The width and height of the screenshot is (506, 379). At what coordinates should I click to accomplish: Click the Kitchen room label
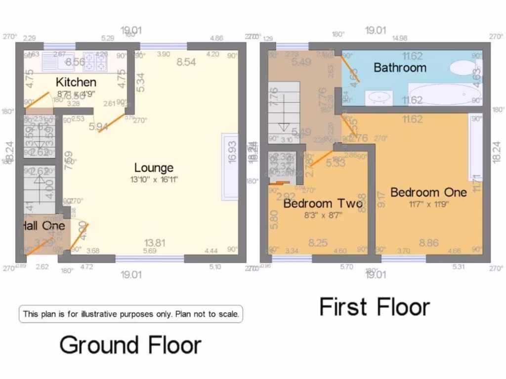76,82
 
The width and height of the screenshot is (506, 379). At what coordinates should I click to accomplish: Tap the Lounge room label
154,168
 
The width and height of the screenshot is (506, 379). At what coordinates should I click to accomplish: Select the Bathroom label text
400,67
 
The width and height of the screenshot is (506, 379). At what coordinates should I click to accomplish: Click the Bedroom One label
428,192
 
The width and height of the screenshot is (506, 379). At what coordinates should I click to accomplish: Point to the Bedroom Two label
323,203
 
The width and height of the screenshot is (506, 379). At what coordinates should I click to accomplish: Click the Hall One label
43,226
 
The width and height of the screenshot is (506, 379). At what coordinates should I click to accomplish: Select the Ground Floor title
130,345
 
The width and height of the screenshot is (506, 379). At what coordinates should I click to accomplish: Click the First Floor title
375,306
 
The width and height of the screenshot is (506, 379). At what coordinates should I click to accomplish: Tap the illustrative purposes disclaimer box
131,313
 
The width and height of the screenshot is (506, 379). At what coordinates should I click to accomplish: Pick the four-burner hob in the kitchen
95,61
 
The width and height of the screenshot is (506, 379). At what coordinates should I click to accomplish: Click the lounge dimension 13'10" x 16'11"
154,180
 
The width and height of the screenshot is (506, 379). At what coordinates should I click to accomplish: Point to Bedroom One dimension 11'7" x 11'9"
428,203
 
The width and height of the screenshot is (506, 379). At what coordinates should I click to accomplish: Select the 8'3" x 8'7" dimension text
323,215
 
